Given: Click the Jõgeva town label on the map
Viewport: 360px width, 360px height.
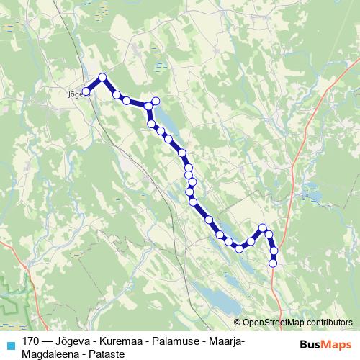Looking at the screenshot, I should point(74,91).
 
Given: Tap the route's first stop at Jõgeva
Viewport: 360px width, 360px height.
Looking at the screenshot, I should point(86,91).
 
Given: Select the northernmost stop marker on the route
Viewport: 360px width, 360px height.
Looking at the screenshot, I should point(102,77).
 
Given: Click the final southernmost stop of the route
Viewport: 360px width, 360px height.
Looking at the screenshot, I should point(273,264).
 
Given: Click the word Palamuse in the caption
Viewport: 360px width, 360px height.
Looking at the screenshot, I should point(176,341).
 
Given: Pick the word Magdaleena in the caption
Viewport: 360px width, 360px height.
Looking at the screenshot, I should point(49,354).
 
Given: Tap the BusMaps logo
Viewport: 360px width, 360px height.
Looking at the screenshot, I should point(325,344).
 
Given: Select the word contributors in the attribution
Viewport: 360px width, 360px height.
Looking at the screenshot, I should point(331,323).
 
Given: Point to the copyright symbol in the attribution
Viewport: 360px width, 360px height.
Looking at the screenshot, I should point(238,323).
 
